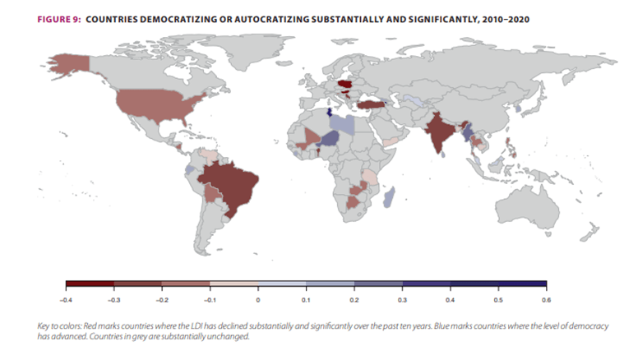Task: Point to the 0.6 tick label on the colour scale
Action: (546, 300)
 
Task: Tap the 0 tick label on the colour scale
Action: (258, 300)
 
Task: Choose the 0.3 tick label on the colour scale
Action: (402, 300)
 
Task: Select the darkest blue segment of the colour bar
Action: (522, 284)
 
